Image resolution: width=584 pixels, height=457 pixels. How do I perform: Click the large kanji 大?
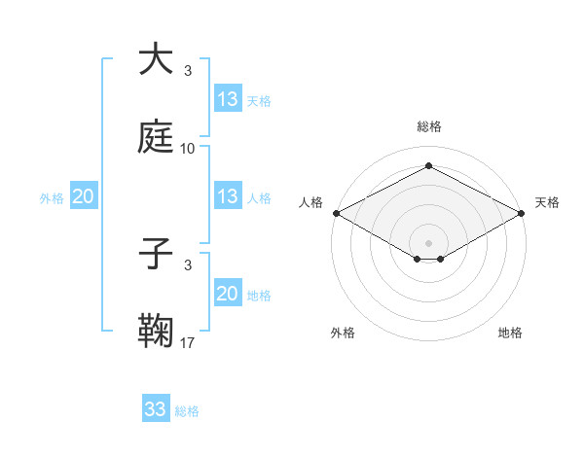click(157, 59)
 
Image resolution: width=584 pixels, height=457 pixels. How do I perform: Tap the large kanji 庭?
click(157, 137)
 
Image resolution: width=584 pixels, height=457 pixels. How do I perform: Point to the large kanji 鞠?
click(157, 332)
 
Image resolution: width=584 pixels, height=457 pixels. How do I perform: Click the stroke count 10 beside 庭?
click(188, 149)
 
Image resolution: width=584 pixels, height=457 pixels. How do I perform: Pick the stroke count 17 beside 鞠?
click(188, 343)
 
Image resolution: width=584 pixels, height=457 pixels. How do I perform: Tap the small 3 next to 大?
click(188, 71)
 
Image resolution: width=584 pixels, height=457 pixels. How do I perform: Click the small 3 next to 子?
click(188, 265)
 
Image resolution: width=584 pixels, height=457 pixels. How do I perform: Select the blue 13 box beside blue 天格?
click(228, 99)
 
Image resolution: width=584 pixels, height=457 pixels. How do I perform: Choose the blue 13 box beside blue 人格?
click(228, 196)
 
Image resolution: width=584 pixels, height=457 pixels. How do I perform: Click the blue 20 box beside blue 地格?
click(228, 294)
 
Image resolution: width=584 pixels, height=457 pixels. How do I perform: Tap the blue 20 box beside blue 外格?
click(83, 196)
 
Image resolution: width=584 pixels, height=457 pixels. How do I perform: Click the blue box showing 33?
click(156, 409)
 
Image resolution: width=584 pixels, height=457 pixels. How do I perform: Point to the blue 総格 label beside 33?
click(187, 411)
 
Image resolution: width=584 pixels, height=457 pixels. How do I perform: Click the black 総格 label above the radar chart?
click(428, 126)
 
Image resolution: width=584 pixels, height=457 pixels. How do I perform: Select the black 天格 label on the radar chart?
click(547, 202)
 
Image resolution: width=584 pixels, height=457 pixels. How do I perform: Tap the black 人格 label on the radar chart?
click(310, 202)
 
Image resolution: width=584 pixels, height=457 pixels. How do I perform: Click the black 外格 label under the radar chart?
click(343, 333)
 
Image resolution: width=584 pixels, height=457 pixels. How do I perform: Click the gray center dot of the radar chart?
click(428, 242)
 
